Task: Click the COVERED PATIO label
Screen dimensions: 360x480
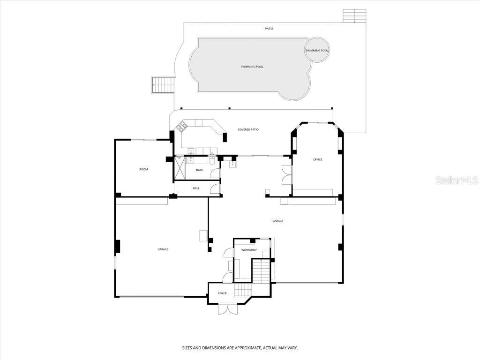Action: pos(248,129)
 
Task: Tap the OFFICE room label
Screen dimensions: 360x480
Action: pos(318,160)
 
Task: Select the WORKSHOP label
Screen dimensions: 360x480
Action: pos(249,250)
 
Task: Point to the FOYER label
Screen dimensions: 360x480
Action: pos(222,293)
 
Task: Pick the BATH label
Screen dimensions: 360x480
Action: pos(200,170)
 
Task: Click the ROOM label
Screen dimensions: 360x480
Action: pos(143,169)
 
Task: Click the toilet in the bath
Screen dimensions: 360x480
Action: pos(212,160)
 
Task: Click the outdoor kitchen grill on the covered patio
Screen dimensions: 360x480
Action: pos(181,126)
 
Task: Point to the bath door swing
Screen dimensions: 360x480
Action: pos(215,173)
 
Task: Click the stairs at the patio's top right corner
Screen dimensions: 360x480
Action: pos(354,15)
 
